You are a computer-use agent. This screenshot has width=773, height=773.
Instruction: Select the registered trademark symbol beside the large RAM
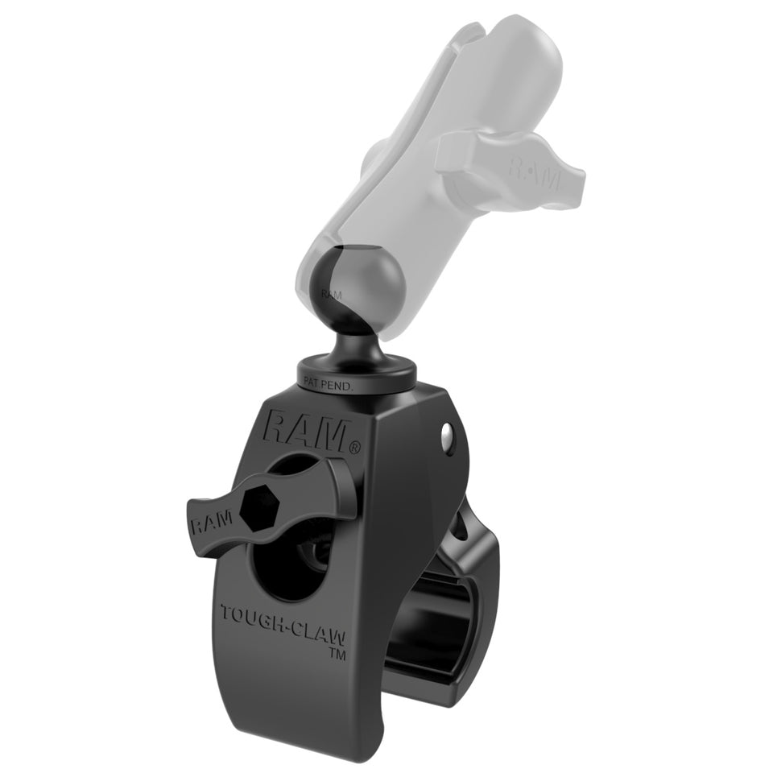[x=354, y=445]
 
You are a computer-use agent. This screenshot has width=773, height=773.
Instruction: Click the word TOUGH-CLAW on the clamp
[x=283, y=625]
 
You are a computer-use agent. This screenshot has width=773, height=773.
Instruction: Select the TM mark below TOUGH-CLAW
[x=331, y=654]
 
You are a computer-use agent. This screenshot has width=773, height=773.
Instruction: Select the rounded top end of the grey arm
[x=515, y=40]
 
